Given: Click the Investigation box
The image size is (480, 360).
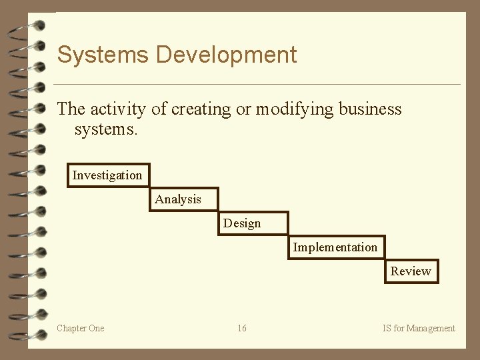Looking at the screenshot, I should (109, 175).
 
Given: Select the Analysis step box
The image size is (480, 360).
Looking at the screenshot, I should (184, 199).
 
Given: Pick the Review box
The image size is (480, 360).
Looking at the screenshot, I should (411, 271).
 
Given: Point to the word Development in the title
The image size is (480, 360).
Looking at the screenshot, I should (226, 55).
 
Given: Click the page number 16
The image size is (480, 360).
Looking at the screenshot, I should (241, 328).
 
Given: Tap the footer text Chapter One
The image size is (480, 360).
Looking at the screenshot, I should (81, 328).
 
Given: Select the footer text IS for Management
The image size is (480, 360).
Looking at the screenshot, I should (419, 328).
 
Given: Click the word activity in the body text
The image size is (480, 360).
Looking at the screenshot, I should (115, 109).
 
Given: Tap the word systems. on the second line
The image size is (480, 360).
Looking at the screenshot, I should (106, 129).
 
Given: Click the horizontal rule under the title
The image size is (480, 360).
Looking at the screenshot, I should (257, 85).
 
